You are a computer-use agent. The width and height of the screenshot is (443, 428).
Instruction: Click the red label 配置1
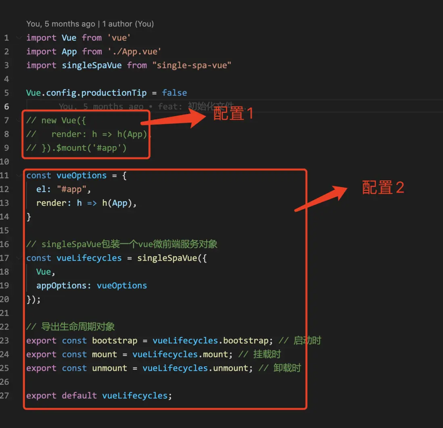tap(233, 114)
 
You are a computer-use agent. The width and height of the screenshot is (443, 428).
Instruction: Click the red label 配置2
tap(383, 187)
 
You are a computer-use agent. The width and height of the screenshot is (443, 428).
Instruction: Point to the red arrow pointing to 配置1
tap(173, 119)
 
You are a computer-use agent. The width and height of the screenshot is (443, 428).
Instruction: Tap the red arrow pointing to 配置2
tap(321, 198)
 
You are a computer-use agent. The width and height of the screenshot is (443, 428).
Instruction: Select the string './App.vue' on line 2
tap(134, 52)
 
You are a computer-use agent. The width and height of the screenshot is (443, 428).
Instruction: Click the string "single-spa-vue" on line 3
tap(192, 65)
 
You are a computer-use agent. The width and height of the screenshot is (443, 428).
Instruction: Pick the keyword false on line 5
tap(174, 93)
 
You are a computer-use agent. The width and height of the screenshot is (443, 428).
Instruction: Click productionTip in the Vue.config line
tap(114, 93)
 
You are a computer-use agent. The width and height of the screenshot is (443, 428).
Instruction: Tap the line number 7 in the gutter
tap(6, 121)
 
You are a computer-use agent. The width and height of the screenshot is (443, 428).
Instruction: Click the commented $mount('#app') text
tap(91, 148)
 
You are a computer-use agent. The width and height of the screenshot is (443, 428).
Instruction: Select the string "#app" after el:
tap(71, 189)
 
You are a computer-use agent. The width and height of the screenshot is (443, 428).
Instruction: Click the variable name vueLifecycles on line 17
tap(89, 258)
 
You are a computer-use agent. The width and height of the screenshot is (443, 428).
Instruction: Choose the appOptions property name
tap(61, 286)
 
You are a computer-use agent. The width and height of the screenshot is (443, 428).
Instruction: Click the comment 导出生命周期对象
tap(78, 327)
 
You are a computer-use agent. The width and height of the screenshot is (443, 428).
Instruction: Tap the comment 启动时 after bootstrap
tap(307, 341)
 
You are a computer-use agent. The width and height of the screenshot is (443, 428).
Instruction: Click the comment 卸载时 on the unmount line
tap(287, 368)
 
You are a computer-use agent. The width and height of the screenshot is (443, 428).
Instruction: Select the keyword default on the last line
tap(79, 396)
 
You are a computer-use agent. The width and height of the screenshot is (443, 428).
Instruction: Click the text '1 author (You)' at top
tap(128, 24)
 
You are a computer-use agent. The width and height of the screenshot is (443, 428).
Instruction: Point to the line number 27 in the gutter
tap(4, 396)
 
